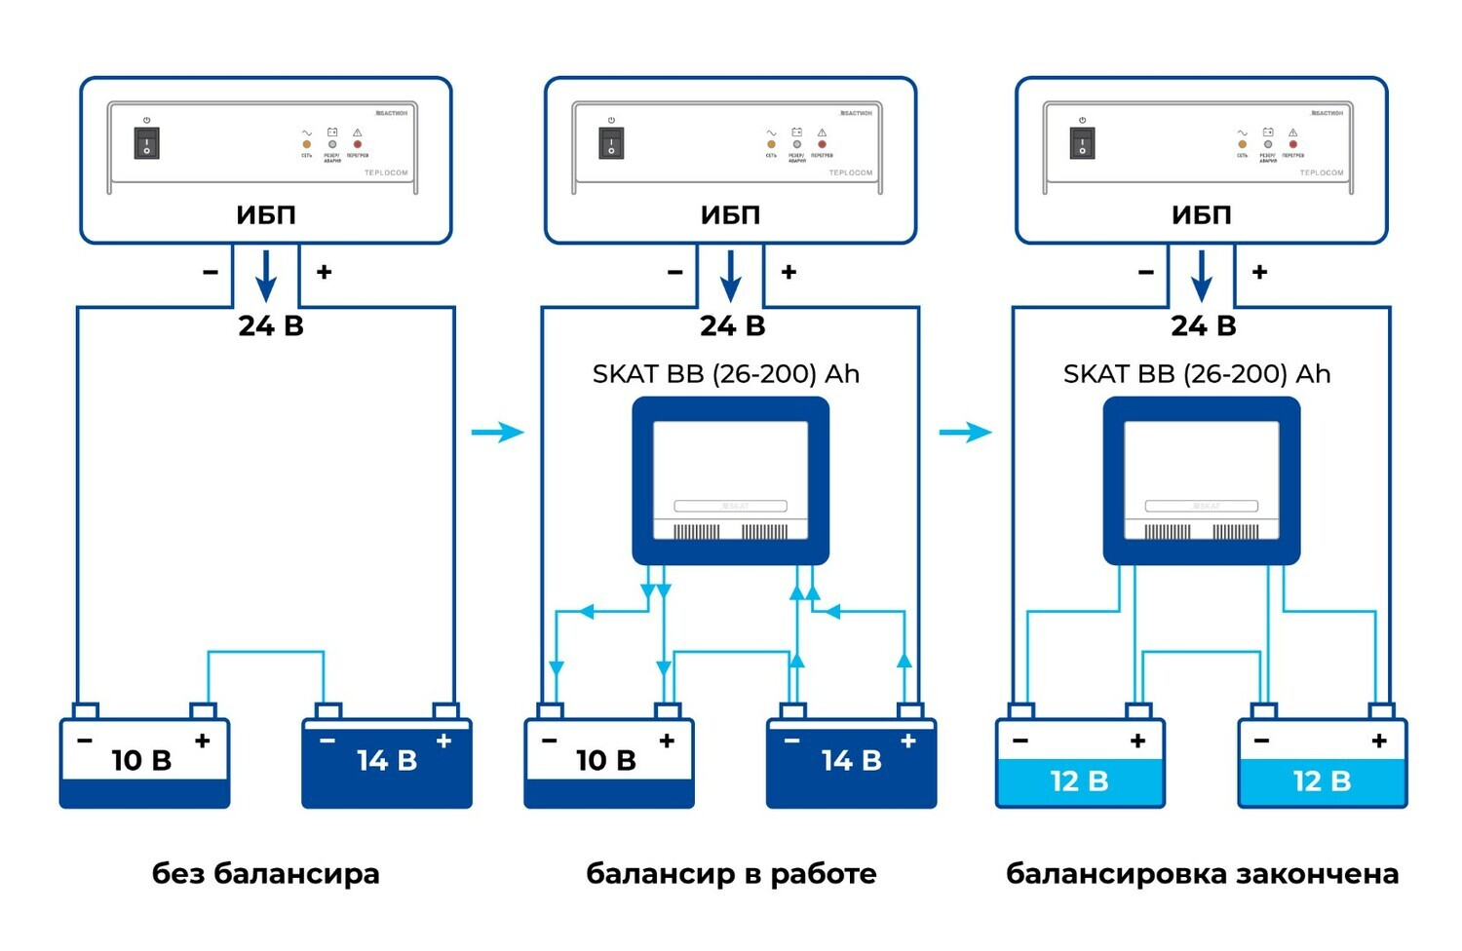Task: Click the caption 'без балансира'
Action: point(265,873)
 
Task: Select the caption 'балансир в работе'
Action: point(731,873)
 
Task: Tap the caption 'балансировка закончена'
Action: point(1202,873)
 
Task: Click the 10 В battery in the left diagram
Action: point(144,763)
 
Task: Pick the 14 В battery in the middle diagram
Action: point(851,763)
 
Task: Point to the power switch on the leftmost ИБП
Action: point(146,143)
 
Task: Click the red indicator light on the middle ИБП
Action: point(822,144)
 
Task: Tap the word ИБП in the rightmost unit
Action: point(1201,214)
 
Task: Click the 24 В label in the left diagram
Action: point(271,325)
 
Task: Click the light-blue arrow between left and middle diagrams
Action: point(498,432)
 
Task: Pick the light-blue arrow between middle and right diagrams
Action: point(966,432)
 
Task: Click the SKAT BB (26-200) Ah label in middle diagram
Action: point(726,374)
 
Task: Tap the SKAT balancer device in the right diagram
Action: point(1201,480)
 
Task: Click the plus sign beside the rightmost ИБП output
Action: point(1259,272)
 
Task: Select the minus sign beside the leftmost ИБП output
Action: point(211,272)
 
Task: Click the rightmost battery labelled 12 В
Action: point(1322,763)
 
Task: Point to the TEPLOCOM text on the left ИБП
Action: point(386,172)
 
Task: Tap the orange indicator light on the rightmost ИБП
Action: point(1242,144)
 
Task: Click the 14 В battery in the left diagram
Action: point(387,763)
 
